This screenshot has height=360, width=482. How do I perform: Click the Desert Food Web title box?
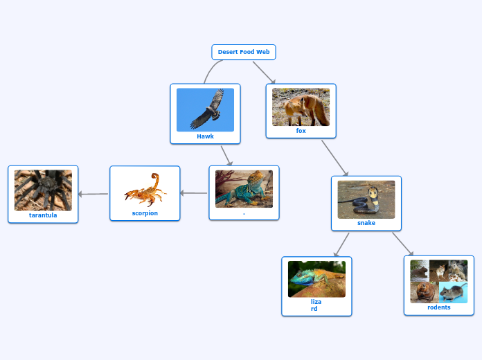click(243, 52)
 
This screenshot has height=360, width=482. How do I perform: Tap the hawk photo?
click(205, 109)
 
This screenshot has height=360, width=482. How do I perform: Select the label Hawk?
click(205, 136)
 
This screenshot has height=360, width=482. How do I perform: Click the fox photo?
click(301, 107)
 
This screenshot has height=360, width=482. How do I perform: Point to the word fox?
click(301, 131)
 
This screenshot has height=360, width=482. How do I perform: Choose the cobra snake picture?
click(366, 199)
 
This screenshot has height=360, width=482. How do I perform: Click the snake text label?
click(366, 223)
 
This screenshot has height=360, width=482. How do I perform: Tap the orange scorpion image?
click(145, 190)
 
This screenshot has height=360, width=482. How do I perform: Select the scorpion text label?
click(145, 213)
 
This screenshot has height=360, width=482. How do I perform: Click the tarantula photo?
click(43, 190)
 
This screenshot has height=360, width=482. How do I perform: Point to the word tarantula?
click(43, 215)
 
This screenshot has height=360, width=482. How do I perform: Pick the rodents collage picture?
click(438, 281)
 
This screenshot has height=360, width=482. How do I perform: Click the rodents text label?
click(439, 307)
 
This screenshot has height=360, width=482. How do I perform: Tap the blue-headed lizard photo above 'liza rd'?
click(316, 278)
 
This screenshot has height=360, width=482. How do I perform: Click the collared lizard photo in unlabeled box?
click(244, 188)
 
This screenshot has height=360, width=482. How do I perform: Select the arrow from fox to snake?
click(334, 158)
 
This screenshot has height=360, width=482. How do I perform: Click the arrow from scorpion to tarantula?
click(93, 195)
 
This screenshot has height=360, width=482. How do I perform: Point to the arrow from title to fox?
click(264, 73)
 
